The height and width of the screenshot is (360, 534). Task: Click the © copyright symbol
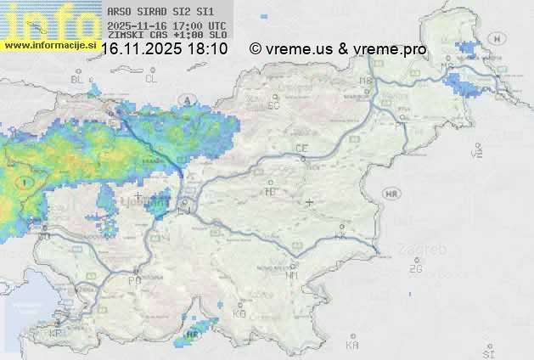pos(255,49)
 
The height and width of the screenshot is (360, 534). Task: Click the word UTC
pos(217,26)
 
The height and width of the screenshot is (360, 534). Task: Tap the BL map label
pos(77,79)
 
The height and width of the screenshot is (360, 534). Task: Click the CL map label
pos(151,79)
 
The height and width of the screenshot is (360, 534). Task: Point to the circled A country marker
pos(186,100)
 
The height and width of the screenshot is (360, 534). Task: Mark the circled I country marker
pos(27,182)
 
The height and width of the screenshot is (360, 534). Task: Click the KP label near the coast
pos(56,334)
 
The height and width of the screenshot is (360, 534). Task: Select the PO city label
pos(133,280)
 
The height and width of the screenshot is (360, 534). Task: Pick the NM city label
pos(292,276)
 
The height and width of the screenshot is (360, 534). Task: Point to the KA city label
pos(352,346)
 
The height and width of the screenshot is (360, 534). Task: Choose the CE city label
pos(301,149)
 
